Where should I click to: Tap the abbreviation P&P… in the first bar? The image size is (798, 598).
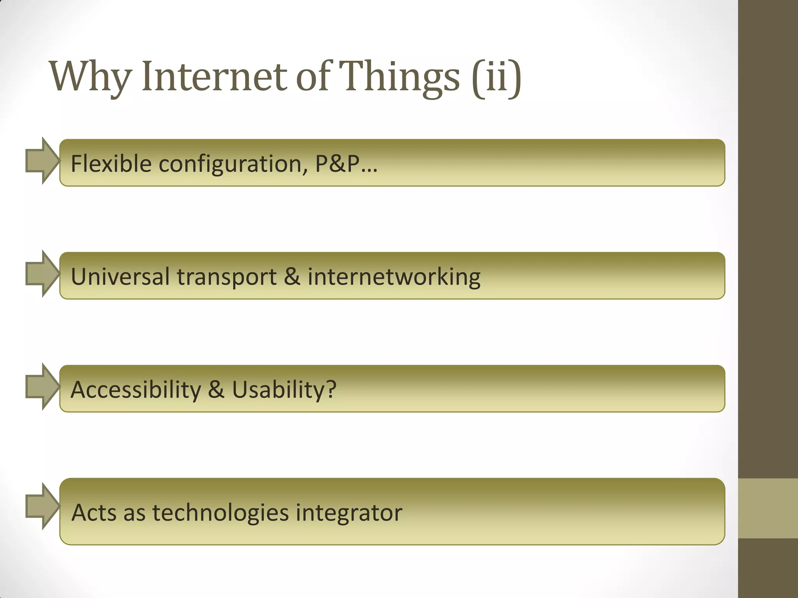[346, 164]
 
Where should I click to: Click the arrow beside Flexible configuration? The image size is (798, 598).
[42, 160]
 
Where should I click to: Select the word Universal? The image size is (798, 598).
[120, 277]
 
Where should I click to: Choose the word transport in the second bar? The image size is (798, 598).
[227, 277]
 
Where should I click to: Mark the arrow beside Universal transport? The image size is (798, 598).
[42, 274]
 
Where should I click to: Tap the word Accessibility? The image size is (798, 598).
[136, 390]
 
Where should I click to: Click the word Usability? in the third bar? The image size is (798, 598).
[284, 390]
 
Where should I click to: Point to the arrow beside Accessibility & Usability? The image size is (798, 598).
[42, 387]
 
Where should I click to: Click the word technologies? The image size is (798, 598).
[221, 513]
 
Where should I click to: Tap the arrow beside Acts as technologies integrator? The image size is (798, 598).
[42, 506]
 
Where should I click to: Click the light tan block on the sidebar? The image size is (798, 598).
[768, 508]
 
